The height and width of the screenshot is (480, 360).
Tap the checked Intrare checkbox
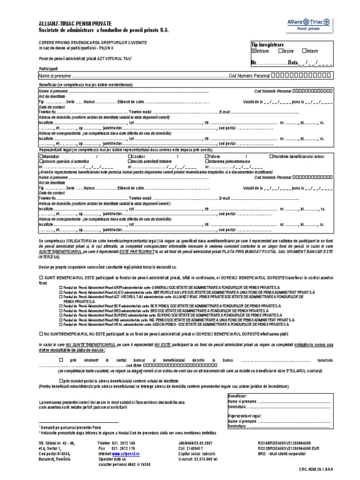point(254,51)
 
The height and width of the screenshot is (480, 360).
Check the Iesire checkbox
point(280,51)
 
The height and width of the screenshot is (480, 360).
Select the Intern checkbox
point(304,51)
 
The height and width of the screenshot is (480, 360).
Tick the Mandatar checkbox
point(41,156)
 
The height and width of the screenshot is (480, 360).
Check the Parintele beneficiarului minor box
point(272,156)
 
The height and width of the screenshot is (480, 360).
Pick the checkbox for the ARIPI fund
point(61,287)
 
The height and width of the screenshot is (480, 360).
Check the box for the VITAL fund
point(61,324)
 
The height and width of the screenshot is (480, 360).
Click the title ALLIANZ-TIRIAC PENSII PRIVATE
point(75,24)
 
